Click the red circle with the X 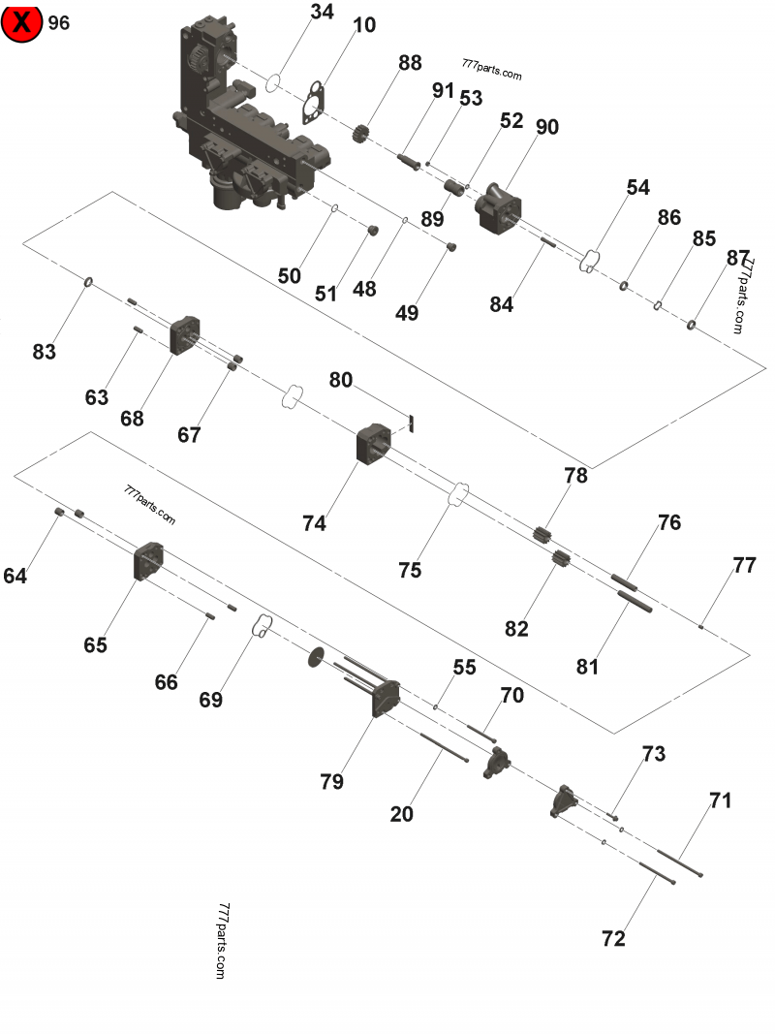point(21,22)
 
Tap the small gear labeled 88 point(366,135)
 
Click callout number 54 point(637,187)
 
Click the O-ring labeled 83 point(87,282)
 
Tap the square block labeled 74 point(374,444)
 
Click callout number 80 point(340,379)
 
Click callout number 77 point(744,566)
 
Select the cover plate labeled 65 point(147,563)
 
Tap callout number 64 point(15,576)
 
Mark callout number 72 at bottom point(613,938)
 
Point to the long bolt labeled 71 point(678,863)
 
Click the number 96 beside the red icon point(59,22)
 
